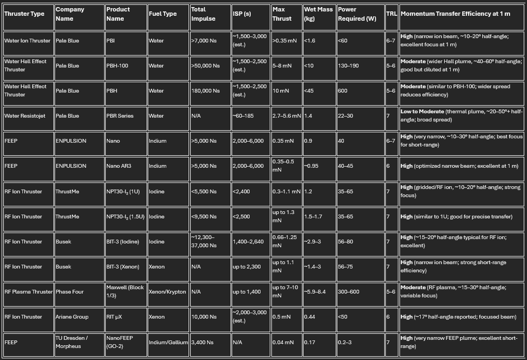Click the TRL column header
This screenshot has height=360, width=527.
(391, 14)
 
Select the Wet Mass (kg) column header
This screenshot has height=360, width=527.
(318, 14)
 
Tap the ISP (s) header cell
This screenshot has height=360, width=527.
(241, 14)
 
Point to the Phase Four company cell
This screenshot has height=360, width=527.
(69, 292)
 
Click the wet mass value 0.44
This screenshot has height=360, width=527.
(310, 317)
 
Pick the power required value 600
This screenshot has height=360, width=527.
(342, 91)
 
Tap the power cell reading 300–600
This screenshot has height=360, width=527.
(349, 292)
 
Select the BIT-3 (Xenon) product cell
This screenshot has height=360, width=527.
(123, 267)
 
